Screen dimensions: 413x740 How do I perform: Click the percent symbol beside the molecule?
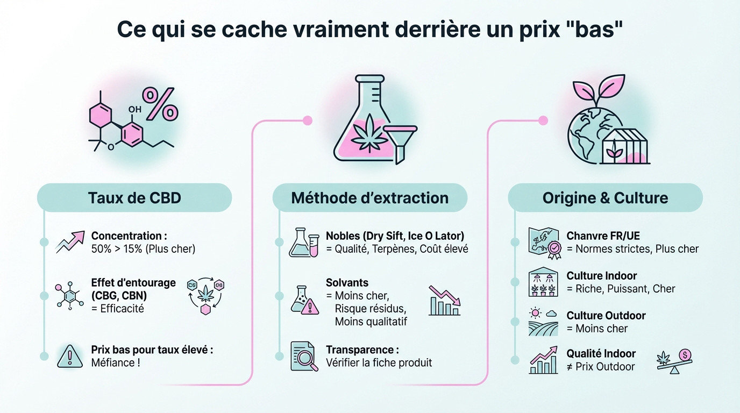pyautogui.click(x=160, y=103)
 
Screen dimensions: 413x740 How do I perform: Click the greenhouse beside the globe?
pyautogui.click(x=625, y=146)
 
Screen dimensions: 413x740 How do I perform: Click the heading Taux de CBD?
pyautogui.click(x=134, y=197)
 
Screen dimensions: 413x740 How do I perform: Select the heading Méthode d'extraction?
pyautogui.click(x=369, y=197)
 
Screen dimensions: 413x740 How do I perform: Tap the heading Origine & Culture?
pyautogui.click(x=605, y=197)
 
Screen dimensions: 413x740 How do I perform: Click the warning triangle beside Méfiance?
pyautogui.click(x=70, y=356)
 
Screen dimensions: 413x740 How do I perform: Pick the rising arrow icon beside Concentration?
pyautogui.click(x=70, y=242)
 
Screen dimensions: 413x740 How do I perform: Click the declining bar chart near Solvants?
pyautogui.click(x=444, y=301)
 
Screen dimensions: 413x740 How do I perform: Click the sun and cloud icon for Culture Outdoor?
pyautogui.click(x=542, y=321)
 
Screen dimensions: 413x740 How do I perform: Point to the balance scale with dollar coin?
pyautogui.click(x=674, y=360)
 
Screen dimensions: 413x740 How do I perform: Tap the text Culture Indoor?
pyautogui.click(x=601, y=276)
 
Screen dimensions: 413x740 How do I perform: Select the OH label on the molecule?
pyautogui.click(x=135, y=109)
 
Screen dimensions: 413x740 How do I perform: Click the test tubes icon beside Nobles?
pyautogui.click(x=304, y=242)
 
